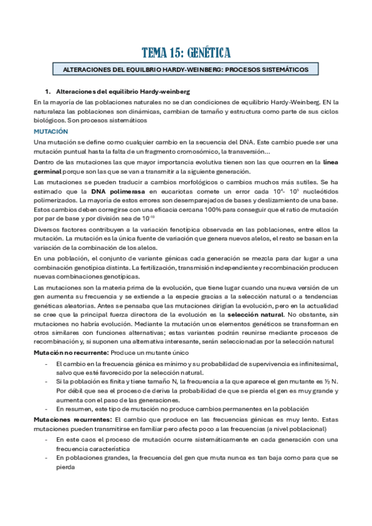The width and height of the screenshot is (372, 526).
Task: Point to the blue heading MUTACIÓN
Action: click(51, 131)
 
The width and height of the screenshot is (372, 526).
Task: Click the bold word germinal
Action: click(50, 171)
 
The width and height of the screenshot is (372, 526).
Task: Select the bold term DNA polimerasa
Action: click(114, 191)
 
